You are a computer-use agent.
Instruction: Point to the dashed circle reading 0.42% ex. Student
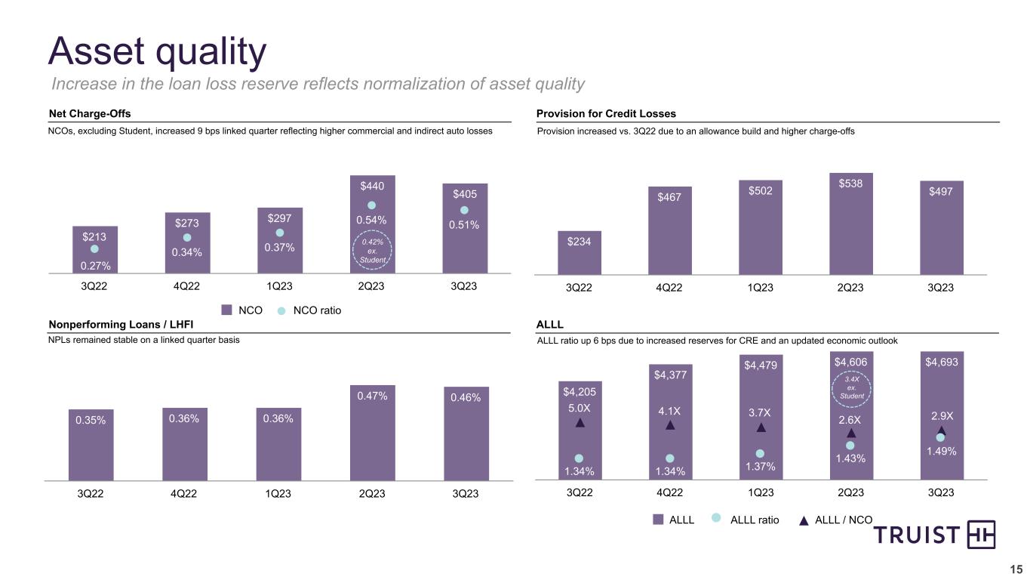tap(371, 251)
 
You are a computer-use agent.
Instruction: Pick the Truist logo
tap(935, 535)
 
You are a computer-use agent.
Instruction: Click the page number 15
tap(1016, 569)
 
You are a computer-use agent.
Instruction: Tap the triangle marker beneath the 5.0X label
tap(580, 423)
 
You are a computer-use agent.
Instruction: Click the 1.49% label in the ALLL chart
tap(941, 451)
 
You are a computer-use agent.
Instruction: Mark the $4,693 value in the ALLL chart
tap(941, 362)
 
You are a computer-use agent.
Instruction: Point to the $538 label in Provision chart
tap(851, 182)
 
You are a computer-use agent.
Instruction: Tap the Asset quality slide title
tap(157, 51)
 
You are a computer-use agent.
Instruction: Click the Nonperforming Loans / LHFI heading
tap(121, 324)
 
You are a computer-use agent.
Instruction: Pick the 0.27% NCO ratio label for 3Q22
tap(94, 264)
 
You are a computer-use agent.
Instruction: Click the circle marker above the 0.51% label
tap(464, 210)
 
